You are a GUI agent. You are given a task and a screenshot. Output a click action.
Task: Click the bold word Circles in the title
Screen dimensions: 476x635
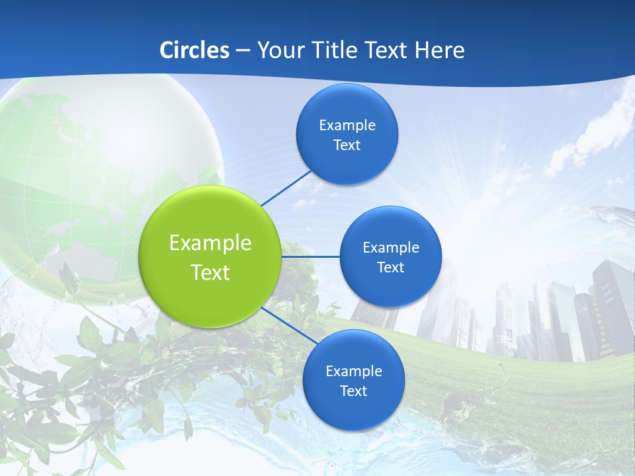point(194,50)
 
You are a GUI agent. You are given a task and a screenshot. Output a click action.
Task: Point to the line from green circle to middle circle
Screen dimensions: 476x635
point(310,257)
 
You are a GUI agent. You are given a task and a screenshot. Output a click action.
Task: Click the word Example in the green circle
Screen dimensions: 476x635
point(210,243)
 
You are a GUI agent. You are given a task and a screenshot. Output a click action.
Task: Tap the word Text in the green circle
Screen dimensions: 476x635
point(210,272)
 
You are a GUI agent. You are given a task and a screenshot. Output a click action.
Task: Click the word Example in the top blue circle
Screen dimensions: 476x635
point(347,126)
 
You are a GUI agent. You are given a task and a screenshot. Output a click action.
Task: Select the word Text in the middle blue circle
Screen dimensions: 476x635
point(390,268)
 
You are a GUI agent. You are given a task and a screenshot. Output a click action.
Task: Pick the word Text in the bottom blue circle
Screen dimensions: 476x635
point(353,391)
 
